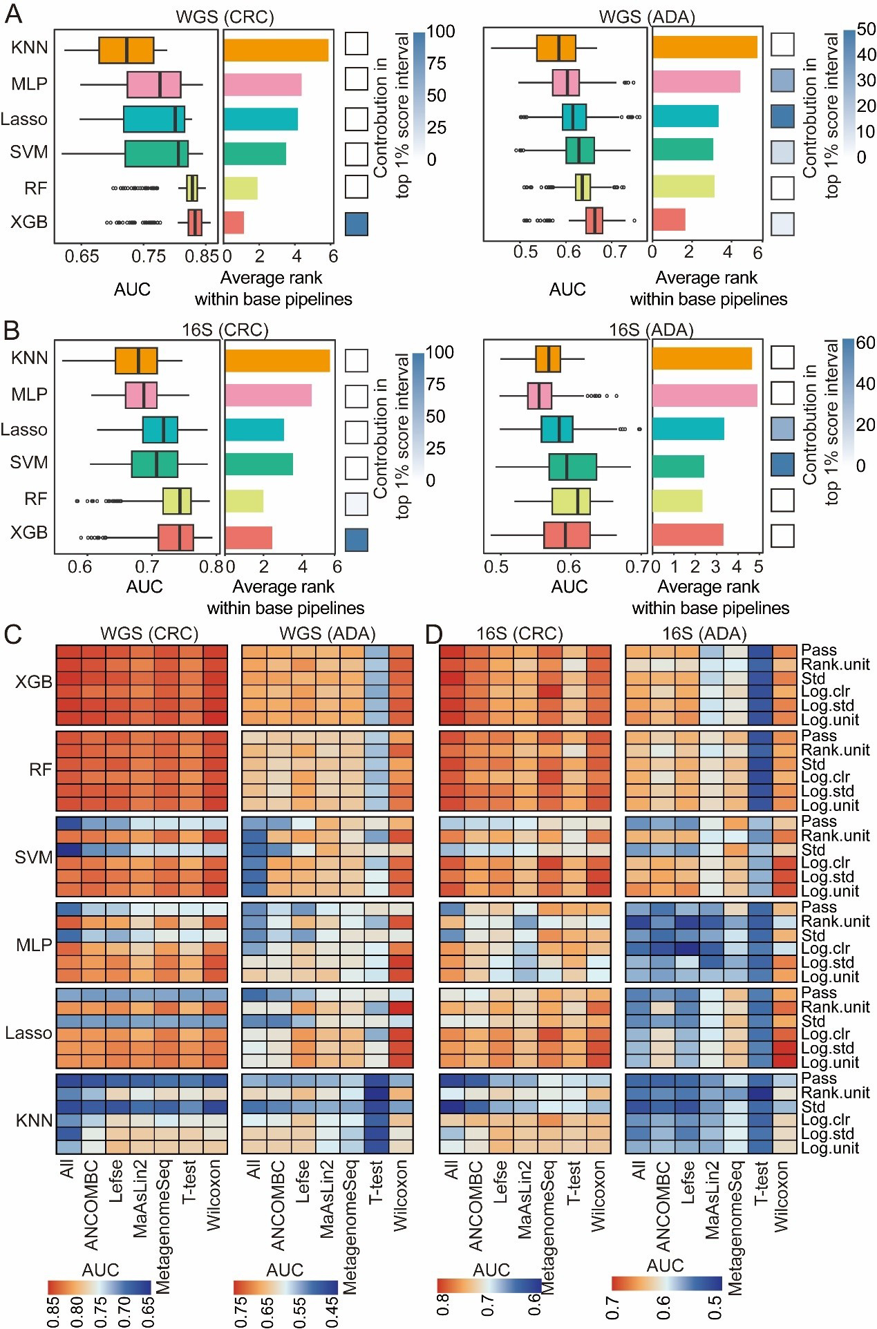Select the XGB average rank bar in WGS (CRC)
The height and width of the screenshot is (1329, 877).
point(234,222)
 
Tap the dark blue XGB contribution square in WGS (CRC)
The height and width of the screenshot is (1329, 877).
point(357,224)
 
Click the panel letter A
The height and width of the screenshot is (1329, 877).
point(12,15)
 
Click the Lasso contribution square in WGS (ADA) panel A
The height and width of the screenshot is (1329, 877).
point(782,116)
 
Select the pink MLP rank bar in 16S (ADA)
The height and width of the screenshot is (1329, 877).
point(704,395)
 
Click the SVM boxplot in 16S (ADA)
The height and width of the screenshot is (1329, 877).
point(572,467)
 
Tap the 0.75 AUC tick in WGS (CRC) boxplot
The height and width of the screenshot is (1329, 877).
point(149,257)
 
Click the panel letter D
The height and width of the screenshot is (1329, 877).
point(433,633)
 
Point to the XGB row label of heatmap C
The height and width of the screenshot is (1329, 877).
point(34,682)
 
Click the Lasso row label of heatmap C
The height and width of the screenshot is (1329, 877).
point(28,1033)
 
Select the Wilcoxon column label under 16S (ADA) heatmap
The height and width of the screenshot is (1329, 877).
point(780,1195)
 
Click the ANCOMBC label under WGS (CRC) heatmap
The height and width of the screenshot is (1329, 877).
point(91,1205)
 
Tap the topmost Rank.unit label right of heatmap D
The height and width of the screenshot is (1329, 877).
point(835,664)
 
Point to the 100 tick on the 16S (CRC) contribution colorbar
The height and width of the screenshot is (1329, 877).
point(440,352)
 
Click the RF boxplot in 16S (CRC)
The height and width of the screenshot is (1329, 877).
point(177,501)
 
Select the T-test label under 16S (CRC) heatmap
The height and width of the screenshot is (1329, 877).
point(574,1183)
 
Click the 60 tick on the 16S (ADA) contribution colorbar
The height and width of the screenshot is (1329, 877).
point(865,343)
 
